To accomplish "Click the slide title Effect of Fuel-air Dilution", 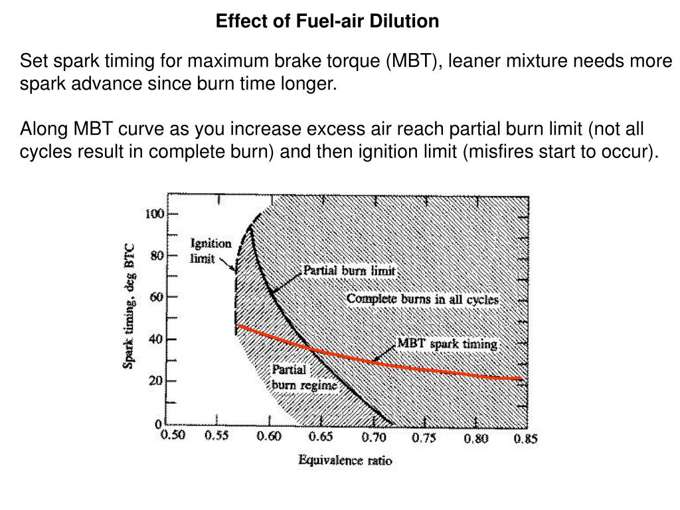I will (x=327, y=21).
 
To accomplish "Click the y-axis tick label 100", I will (x=154, y=214).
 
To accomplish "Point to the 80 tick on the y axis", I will (x=157, y=256).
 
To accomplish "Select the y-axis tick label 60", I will (x=157, y=297).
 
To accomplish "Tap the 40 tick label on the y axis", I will (x=157, y=339).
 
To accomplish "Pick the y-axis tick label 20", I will (x=157, y=381).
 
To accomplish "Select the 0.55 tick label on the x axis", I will (x=217, y=438).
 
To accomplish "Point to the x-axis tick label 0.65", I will (x=320, y=438).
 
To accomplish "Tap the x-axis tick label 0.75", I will (x=424, y=438).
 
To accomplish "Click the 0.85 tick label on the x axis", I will (x=525, y=439).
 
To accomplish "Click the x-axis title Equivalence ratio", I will (x=345, y=460).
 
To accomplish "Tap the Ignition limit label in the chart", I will (x=211, y=251).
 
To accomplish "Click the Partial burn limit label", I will (x=349, y=271).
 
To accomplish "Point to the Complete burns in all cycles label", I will (x=422, y=299).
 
